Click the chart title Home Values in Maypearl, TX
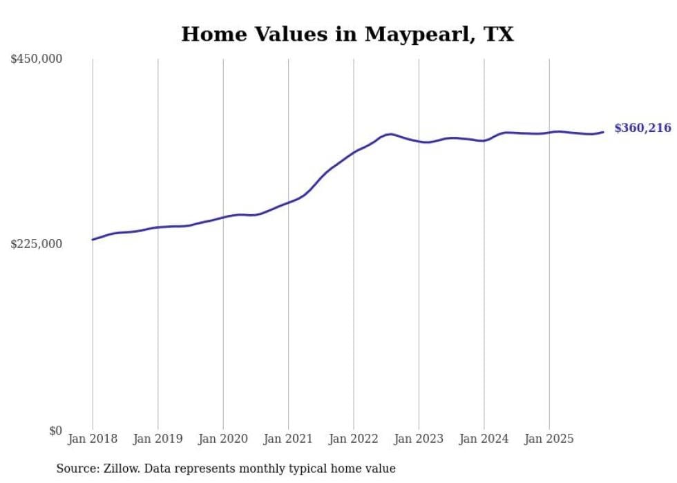[x=347, y=34]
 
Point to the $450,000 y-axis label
[x=37, y=59]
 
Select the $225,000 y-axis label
[x=37, y=244]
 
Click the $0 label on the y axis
[x=55, y=430]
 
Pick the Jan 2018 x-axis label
[x=93, y=439]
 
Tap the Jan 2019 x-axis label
[x=158, y=439]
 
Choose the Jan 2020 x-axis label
[x=223, y=439]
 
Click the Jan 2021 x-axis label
[x=289, y=439]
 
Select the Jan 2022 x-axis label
[x=354, y=439]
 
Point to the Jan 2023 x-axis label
[x=419, y=439]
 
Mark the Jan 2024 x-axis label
[x=484, y=439]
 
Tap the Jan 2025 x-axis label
[x=549, y=439]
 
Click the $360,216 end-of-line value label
[x=642, y=128]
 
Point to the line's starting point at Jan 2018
[x=93, y=240]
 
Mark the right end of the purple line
[x=603, y=132]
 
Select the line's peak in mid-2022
[x=390, y=134]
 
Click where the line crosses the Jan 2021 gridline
[x=289, y=202]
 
